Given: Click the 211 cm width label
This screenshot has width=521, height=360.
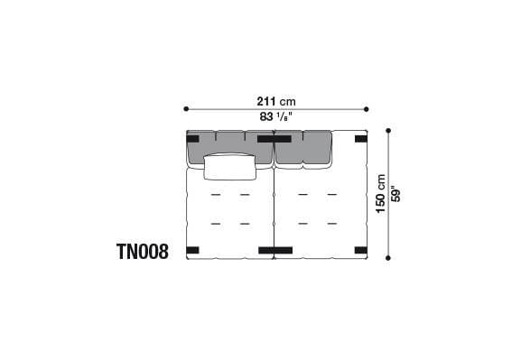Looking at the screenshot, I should coord(275,100).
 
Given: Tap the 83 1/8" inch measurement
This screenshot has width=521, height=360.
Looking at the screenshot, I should coord(275,117).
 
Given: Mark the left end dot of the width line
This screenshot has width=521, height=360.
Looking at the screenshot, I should coord(186,108).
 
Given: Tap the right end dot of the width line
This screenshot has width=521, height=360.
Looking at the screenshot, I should coord(367,108).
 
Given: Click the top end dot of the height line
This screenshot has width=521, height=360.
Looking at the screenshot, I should coord(388,131).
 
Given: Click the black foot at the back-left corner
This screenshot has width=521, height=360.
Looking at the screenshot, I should coord(193,139).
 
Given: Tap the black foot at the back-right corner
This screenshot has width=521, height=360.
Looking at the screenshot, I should coord(361,139).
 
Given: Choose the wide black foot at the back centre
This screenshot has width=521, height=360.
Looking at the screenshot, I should coord(274,139).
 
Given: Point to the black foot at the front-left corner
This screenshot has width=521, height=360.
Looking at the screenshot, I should coord(192,250).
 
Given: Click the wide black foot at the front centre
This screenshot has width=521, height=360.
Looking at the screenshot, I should coord(274,250).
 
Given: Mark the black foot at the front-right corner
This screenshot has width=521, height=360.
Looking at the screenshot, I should coord(361,250).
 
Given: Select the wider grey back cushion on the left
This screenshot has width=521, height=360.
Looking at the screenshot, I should coord(228,147).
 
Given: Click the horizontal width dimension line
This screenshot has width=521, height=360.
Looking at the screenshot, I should coord(235,108).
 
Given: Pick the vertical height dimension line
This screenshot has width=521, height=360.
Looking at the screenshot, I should coord(388,226).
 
